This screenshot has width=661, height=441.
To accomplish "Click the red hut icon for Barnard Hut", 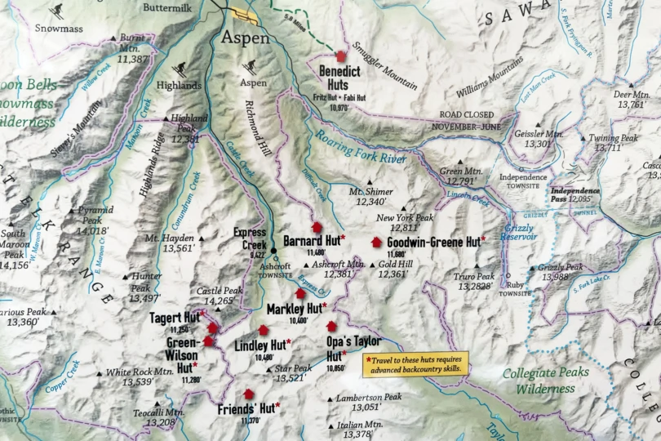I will pos(317,228).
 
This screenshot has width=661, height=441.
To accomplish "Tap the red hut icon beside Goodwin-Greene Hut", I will pos(376,242).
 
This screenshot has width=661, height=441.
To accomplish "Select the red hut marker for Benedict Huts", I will pos(341,56).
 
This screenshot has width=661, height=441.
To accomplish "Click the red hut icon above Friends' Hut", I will pos(248,394).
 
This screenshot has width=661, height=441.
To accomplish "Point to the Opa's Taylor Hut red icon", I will pos(331,327).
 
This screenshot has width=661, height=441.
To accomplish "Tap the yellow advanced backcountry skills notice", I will pos(415,364).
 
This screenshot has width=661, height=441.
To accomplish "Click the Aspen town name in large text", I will pos(245,38).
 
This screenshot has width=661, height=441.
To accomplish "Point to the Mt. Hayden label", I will pos(170,243).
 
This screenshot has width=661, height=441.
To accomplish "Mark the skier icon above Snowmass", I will pos(56,11).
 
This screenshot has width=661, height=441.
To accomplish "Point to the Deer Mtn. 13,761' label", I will pos(631,100).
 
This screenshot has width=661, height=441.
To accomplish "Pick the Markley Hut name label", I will pos(295,309).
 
